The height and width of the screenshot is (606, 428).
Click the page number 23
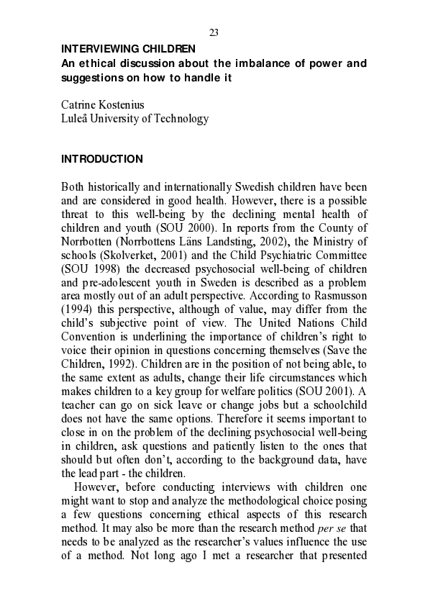click(x=214, y=32)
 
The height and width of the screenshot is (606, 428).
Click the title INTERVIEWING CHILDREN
click(x=128, y=49)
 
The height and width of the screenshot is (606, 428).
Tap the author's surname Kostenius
click(x=119, y=105)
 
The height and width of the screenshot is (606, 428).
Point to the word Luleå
click(x=77, y=119)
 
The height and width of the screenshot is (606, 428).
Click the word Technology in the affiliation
click(x=183, y=119)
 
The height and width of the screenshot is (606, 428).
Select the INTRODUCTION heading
click(x=101, y=159)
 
